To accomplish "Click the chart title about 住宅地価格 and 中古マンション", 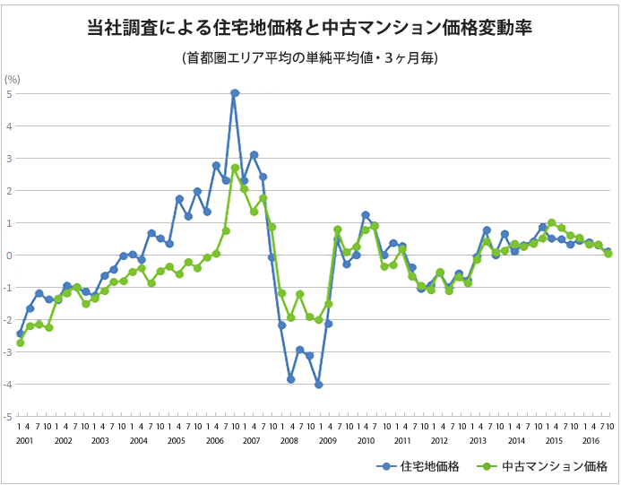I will [310, 28].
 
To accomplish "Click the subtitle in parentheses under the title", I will [310, 58].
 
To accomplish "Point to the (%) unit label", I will [13, 80].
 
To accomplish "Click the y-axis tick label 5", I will [9, 93].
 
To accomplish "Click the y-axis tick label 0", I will [9, 255].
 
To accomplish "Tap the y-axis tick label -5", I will [7, 417].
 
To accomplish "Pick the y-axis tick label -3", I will [7, 352].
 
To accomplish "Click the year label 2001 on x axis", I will [25, 441].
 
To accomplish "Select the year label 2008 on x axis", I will [289, 441].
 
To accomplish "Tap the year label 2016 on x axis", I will [591, 441].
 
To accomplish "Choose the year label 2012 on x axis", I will [440, 441].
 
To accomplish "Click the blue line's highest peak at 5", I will [235, 93].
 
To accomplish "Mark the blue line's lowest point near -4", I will [318, 385].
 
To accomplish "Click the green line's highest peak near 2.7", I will [235, 168].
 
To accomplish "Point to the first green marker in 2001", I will [21, 342].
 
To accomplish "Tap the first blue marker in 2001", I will [21, 333].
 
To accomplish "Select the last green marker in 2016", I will [608, 254].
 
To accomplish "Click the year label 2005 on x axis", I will [176, 441].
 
